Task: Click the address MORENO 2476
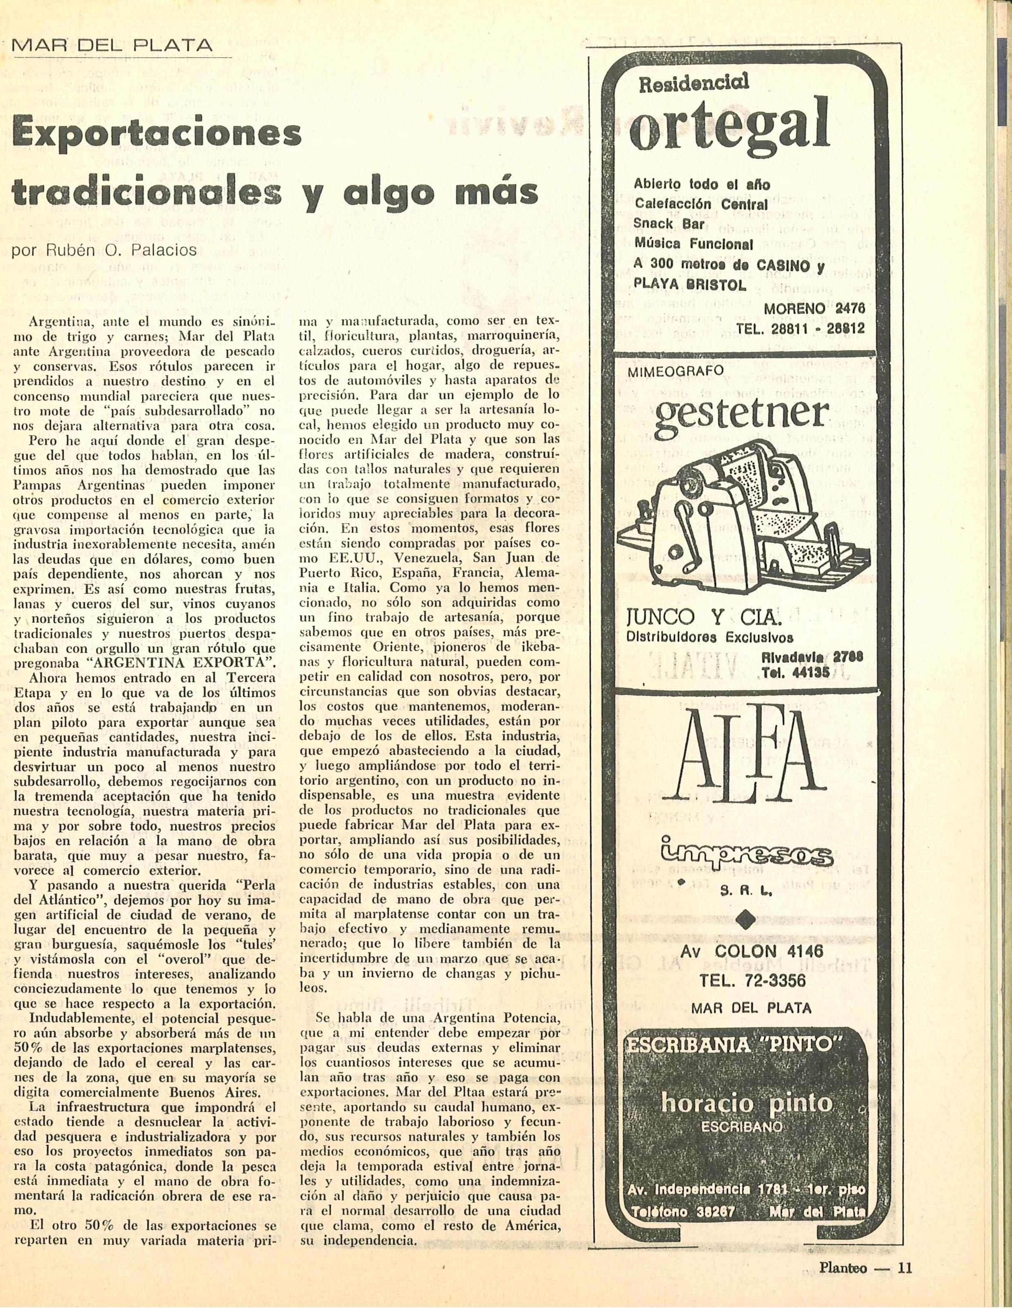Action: coord(815,308)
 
